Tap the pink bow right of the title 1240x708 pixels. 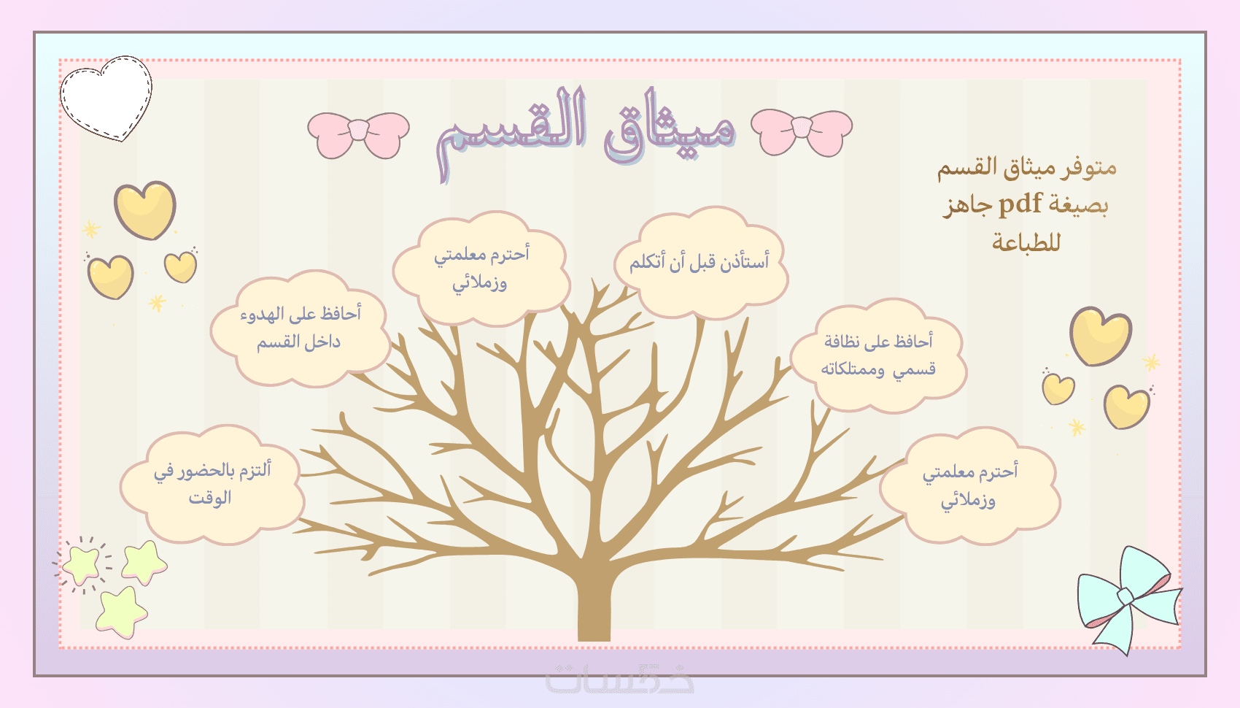[x=802, y=132]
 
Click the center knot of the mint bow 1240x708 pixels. [x=1126, y=596]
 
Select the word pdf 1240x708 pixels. [x=1020, y=204]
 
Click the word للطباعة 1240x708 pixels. [x=1026, y=242]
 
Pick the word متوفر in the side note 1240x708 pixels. [x=1088, y=167]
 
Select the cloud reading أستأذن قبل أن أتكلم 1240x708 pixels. [x=700, y=263]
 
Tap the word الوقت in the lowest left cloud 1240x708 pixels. [x=210, y=498]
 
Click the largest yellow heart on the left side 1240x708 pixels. [x=145, y=209]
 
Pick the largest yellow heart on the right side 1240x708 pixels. [x=1101, y=336]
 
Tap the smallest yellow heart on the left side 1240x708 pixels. [x=180, y=266]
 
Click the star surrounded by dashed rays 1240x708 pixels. [x=82, y=563]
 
